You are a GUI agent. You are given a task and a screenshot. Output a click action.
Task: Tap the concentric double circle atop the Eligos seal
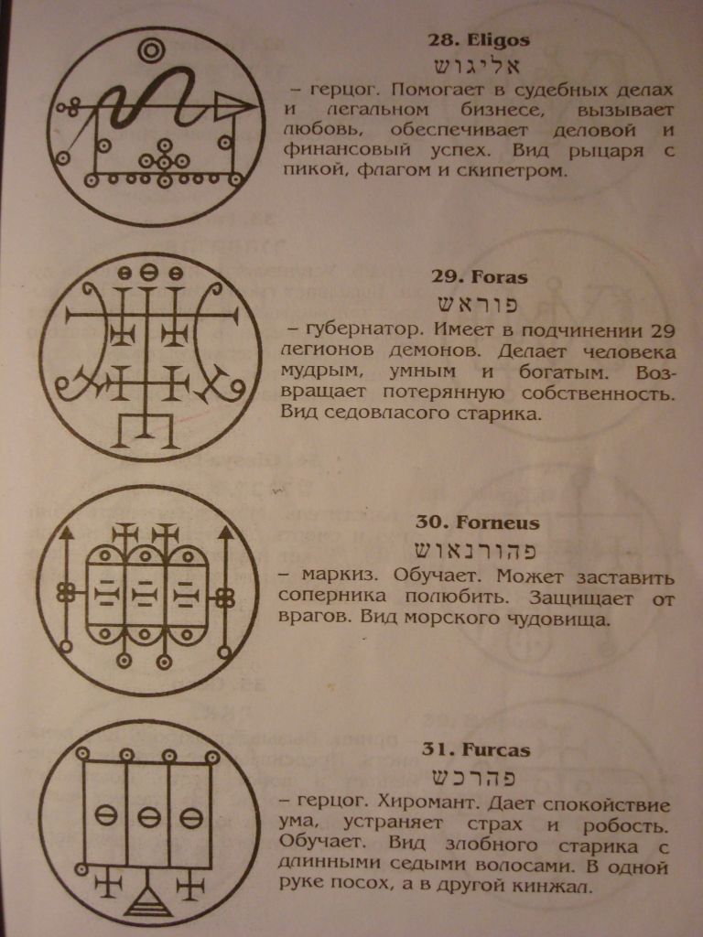151,50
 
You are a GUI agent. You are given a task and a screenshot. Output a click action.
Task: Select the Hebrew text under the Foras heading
477,304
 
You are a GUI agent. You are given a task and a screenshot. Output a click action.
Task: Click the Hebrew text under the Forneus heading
476,550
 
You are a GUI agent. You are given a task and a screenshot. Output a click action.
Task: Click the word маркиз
341,577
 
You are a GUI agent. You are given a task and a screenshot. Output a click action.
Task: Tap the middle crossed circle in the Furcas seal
149,817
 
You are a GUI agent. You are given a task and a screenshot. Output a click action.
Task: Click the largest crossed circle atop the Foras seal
149,273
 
